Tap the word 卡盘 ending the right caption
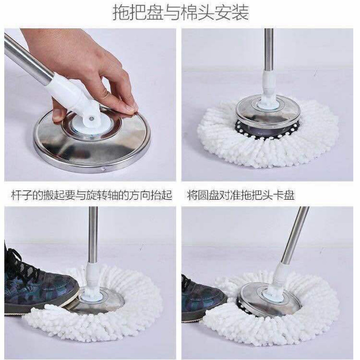[x=286, y=195]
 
